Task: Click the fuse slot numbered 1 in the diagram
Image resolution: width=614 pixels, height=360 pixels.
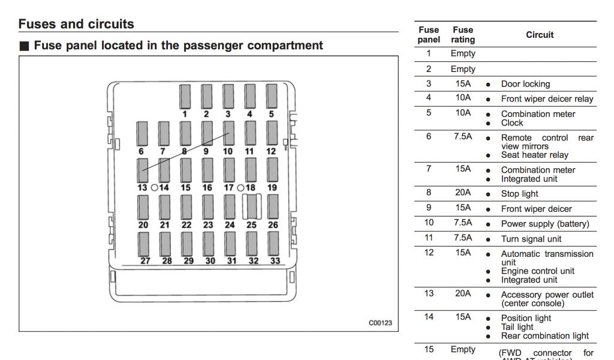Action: pos(185,96)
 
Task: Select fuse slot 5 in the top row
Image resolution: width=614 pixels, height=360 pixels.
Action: pos(272,96)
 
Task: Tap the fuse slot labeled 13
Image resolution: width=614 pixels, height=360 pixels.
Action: pos(142,170)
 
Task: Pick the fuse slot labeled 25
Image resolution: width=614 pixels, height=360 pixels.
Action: pos(251,206)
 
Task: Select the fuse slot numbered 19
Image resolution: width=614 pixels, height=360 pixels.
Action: pos(272,170)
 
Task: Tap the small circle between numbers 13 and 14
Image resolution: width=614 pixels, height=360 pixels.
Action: pos(154,187)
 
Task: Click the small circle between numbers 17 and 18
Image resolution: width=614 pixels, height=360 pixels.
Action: pos(240,187)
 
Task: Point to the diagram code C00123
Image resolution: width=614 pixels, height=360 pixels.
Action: pos(380,323)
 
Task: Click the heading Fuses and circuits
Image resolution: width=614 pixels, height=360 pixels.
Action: pos(76,25)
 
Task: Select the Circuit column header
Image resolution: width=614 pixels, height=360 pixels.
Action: pos(540,35)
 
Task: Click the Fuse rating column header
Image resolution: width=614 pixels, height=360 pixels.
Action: pos(463,35)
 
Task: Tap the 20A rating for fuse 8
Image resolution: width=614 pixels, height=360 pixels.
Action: pos(463,193)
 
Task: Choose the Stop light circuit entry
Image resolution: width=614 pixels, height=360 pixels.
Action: pos(519,194)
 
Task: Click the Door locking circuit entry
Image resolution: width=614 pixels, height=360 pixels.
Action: pos(525,84)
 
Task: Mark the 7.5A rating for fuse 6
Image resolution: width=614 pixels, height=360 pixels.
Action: pos(463,137)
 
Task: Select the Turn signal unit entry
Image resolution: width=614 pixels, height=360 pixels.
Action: pos(531,239)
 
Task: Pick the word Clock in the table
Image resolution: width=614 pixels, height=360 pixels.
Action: pos(512,123)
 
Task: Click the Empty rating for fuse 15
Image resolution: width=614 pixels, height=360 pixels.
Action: pos(463,349)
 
